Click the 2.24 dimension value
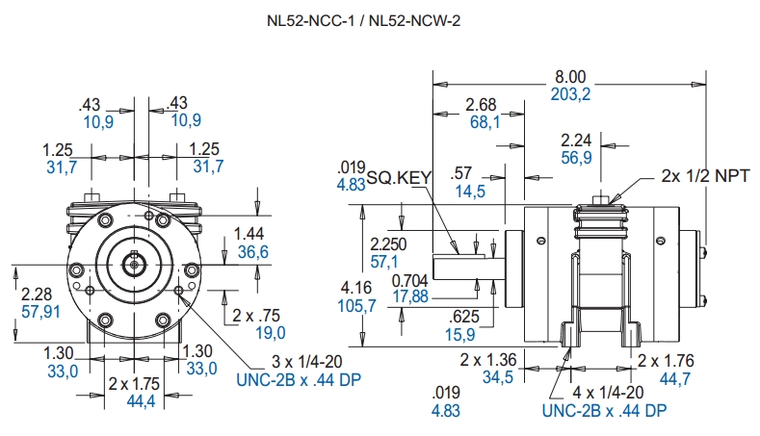pos(576,139)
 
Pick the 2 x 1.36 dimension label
pos(490,360)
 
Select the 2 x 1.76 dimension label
pos(666,361)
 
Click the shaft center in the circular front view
pos(136,259)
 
